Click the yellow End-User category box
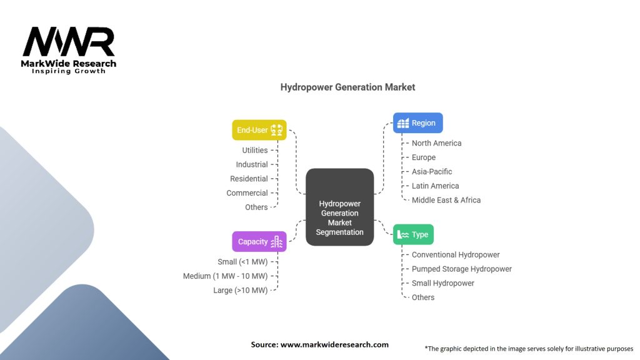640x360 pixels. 259,130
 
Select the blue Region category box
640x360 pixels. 417,123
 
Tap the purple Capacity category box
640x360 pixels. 259,242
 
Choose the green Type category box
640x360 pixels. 413,235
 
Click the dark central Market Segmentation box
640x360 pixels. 339,207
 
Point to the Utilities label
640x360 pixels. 255,150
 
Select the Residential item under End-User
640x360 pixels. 249,179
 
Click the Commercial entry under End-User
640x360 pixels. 247,193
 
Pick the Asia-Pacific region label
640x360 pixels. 432,172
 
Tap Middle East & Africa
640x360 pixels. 446,200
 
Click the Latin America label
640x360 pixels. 435,186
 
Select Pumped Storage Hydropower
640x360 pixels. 462,269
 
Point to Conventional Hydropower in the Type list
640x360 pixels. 456,255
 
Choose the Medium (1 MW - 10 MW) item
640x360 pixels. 225,276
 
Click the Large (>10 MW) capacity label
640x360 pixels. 241,291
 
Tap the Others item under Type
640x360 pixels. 423,297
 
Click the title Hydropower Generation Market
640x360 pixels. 347,87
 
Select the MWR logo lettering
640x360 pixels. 69,42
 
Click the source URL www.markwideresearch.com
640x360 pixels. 334,344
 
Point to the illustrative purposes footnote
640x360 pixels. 529,349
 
